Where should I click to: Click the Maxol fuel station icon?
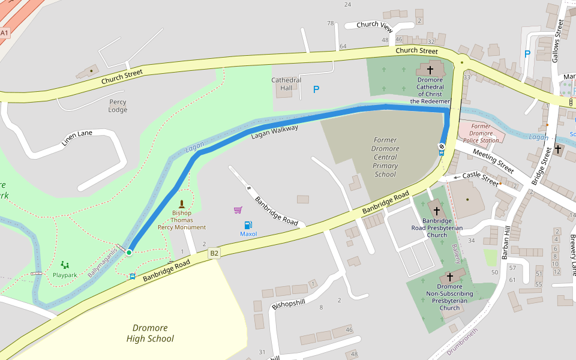coord(248,224)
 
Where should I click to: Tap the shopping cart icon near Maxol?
coord(238,210)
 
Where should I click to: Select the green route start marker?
coord(128,253)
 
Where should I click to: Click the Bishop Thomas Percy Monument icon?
coord(182,204)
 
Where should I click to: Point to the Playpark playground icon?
coord(65,265)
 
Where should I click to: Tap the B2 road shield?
coord(214,254)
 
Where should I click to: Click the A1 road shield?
coord(5,33)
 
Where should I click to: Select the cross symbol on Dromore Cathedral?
coord(430,70)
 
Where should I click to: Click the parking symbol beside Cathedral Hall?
coord(316,89)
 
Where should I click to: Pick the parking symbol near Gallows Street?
coord(527,53)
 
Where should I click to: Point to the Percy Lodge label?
coord(118,106)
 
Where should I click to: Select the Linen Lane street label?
coord(77,137)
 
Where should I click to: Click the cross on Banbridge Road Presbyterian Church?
coord(436,211)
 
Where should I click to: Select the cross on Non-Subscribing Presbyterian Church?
coord(450,277)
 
